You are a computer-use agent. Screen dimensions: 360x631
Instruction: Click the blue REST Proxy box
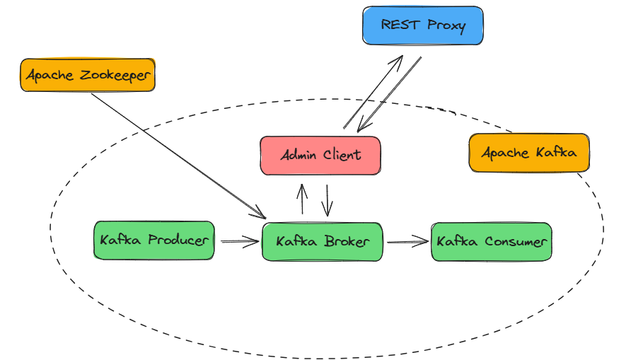point(422,26)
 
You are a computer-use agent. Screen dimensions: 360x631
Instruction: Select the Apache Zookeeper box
point(87,75)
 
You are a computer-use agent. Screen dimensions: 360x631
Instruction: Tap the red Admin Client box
point(320,156)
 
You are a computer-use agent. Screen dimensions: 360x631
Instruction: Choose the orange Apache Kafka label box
point(528,153)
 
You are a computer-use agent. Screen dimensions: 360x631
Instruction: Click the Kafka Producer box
point(154,240)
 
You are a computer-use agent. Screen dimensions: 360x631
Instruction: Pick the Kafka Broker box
point(322,242)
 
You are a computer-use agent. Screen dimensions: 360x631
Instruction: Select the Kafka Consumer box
point(491,242)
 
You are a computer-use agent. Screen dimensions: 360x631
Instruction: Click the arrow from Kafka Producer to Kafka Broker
point(240,242)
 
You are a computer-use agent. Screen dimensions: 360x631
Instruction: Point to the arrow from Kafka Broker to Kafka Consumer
point(407,242)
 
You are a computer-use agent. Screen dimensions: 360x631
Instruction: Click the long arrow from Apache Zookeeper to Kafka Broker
point(177,155)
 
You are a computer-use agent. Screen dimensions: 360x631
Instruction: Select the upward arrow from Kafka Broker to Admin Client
point(302,199)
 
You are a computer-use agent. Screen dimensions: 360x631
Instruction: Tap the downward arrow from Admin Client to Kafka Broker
point(327,201)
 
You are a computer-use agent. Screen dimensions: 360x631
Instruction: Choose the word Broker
point(347,242)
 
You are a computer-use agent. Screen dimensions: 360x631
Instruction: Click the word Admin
point(297,156)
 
